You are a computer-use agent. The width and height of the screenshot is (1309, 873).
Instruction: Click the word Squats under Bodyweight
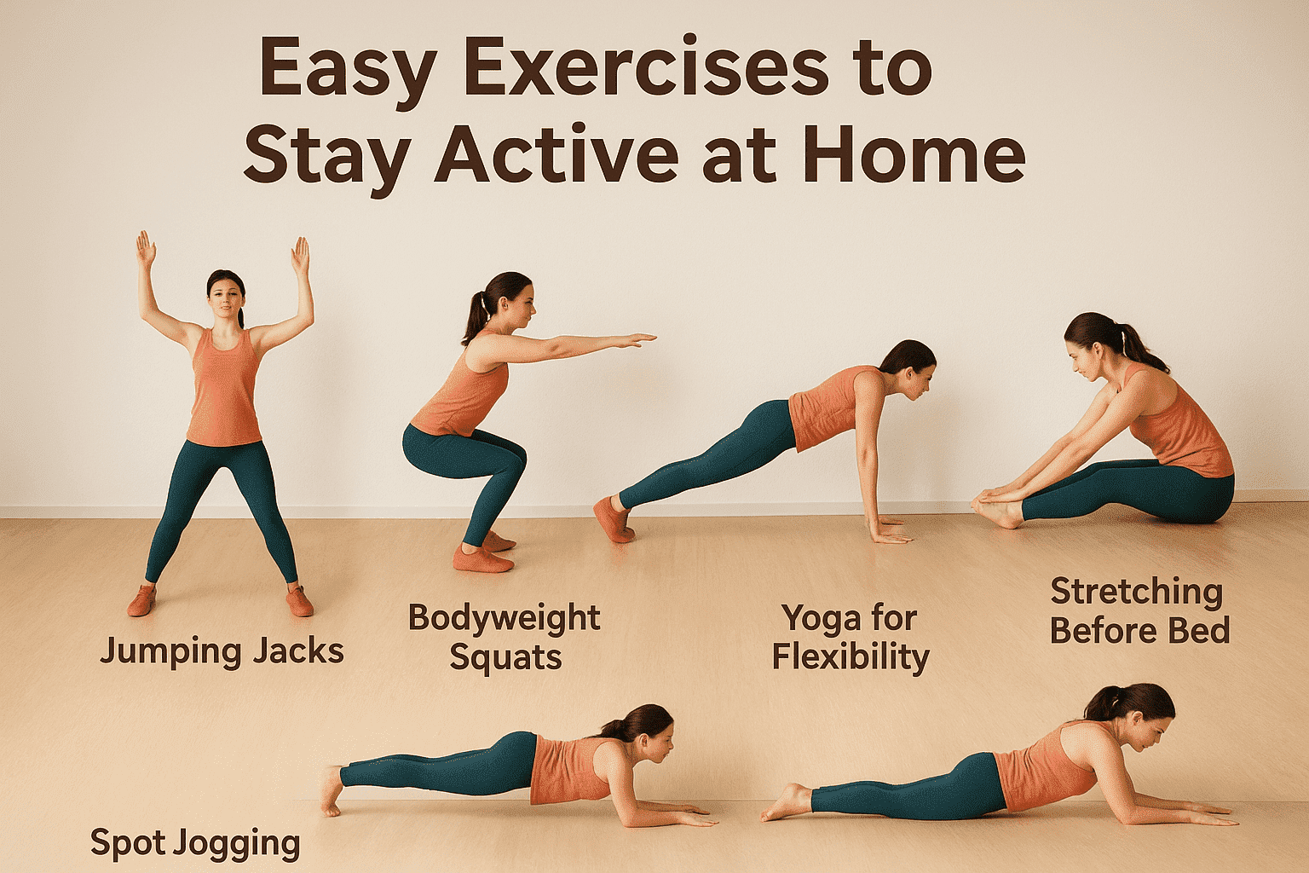click(x=505, y=657)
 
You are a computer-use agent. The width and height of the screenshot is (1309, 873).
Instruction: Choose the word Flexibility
click(x=851, y=657)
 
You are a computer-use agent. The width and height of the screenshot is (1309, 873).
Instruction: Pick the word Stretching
click(x=1137, y=591)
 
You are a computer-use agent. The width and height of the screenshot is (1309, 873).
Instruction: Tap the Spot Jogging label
click(x=195, y=843)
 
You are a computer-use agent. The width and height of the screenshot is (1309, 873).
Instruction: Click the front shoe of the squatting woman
click(x=483, y=558)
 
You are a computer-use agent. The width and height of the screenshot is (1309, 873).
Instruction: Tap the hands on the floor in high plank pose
click(x=886, y=530)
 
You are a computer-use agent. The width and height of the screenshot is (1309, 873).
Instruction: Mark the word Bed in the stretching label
click(x=1201, y=632)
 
